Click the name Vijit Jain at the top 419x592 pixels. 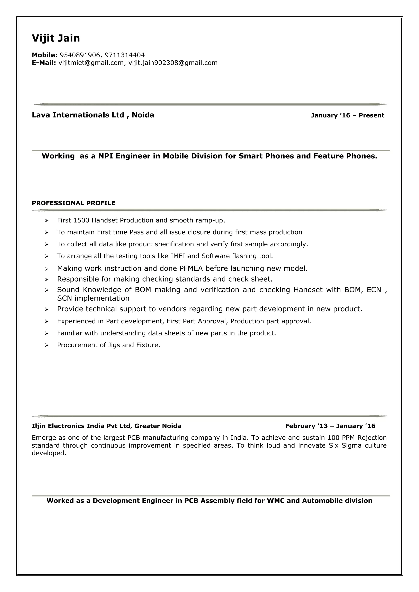tap(56, 38)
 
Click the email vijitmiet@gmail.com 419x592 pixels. tap(91, 63)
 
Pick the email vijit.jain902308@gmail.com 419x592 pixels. tap(173, 63)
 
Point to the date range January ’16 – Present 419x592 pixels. tap(347, 115)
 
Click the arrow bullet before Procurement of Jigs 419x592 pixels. tap(46, 345)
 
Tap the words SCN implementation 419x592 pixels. tap(93, 298)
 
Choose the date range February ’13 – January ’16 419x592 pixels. tap(330, 426)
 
